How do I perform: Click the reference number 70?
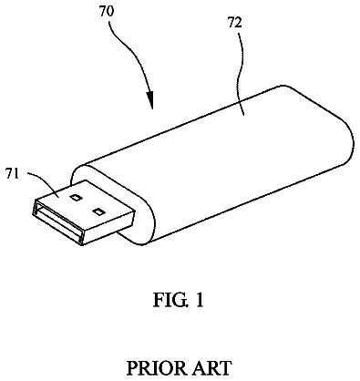(107, 11)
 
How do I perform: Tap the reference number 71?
(12, 175)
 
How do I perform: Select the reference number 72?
(235, 23)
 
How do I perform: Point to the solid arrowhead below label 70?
(149, 99)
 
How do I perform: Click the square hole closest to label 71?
(75, 198)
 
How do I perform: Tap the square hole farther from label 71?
(98, 211)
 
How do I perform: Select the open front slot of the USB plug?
(57, 222)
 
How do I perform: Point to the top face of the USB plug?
(85, 203)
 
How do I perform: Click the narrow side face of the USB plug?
(108, 229)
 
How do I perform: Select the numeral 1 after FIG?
(199, 300)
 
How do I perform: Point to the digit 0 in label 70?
(110, 11)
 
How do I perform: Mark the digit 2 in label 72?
(239, 23)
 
